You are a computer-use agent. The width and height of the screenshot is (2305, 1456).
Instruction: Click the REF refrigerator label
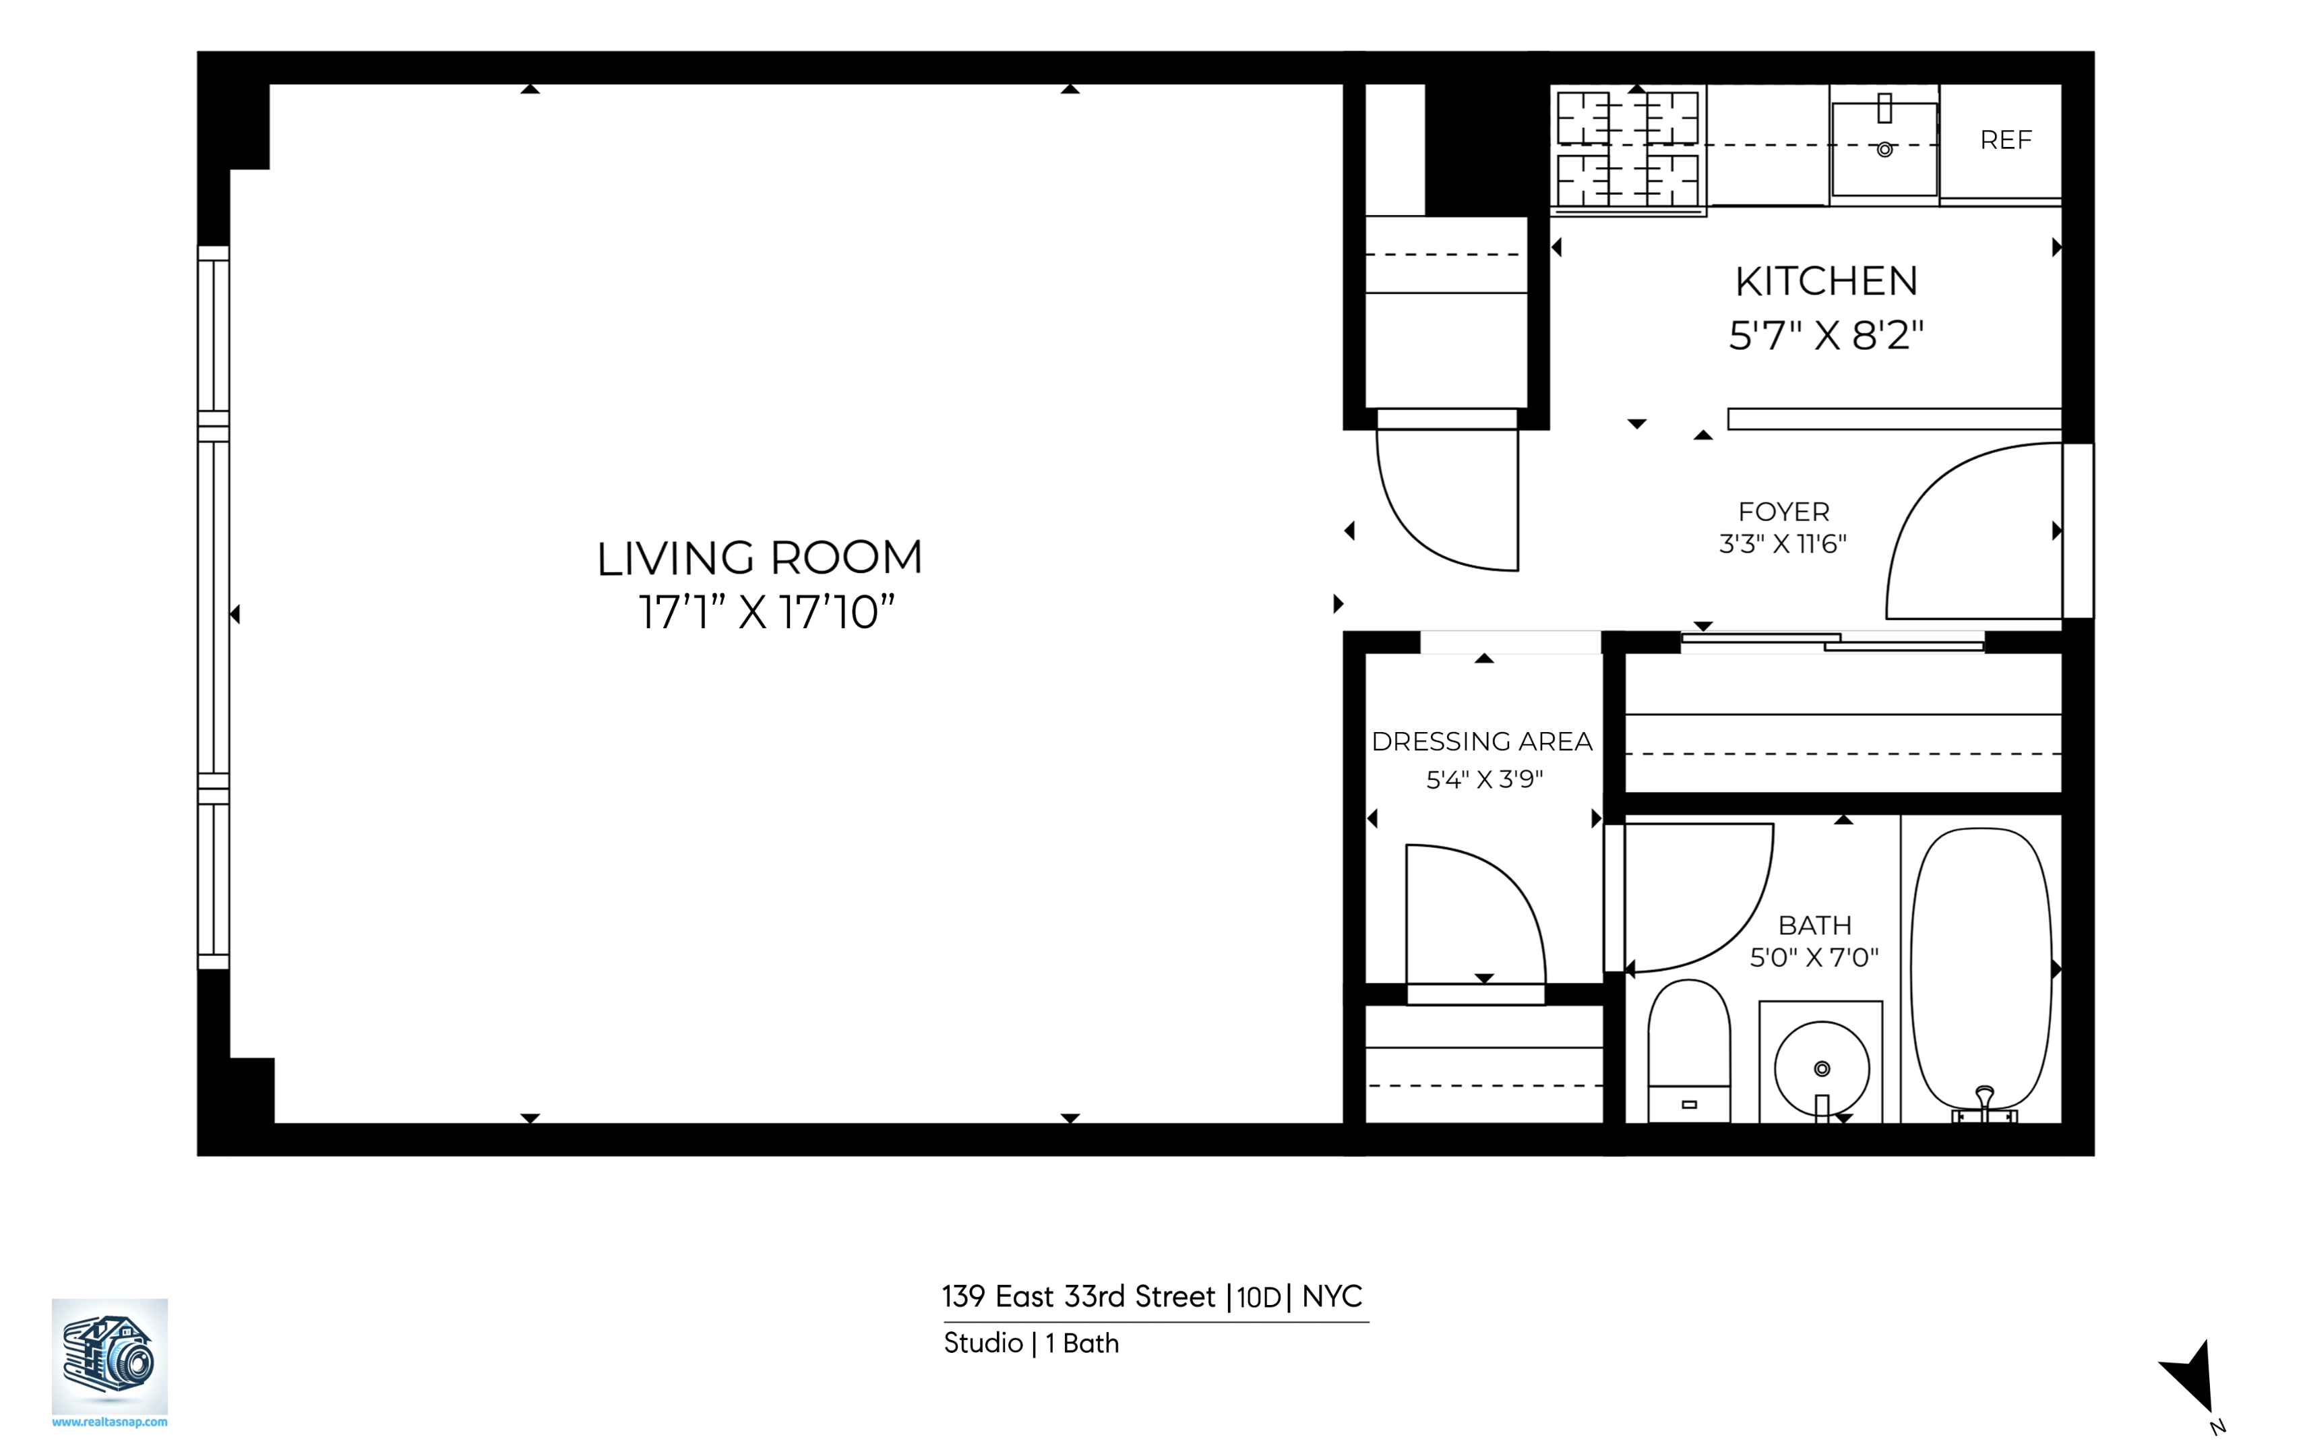[2005, 141]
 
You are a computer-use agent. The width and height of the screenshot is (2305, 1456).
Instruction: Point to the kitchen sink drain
[1884, 150]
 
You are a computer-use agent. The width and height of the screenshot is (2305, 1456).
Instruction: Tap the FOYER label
[1783, 511]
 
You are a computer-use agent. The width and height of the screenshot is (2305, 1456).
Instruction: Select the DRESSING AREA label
[1482, 741]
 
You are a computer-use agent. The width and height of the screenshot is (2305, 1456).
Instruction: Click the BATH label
[1814, 925]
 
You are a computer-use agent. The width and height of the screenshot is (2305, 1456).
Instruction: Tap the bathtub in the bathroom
[1981, 967]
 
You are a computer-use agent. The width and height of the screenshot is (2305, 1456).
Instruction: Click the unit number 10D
[1258, 1297]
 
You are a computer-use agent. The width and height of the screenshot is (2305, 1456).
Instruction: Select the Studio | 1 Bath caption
[1031, 1343]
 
